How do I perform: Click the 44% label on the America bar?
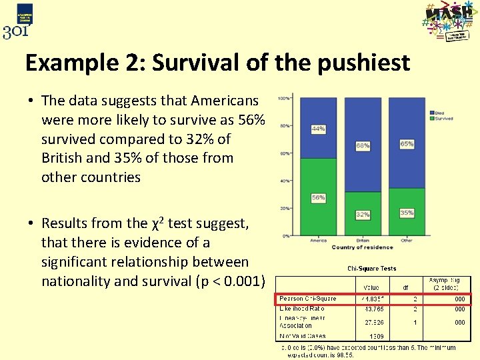click(x=319, y=129)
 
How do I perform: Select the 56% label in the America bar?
click(x=319, y=198)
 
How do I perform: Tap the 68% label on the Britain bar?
click(x=363, y=145)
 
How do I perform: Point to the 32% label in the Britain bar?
click(x=363, y=215)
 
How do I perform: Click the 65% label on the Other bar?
click(x=407, y=144)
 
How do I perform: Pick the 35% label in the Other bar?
click(x=407, y=213)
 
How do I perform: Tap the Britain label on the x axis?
click(x=362, y=241)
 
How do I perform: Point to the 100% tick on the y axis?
click(x=283, y=99)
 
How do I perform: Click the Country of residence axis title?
click(x=362, y=248)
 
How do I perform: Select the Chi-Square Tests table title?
click(x=371, y=269)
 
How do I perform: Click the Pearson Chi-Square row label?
click(x=308, y=299)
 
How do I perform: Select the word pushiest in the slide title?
click(x=361, y=63)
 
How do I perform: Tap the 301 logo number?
click(x=15, y=31)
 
